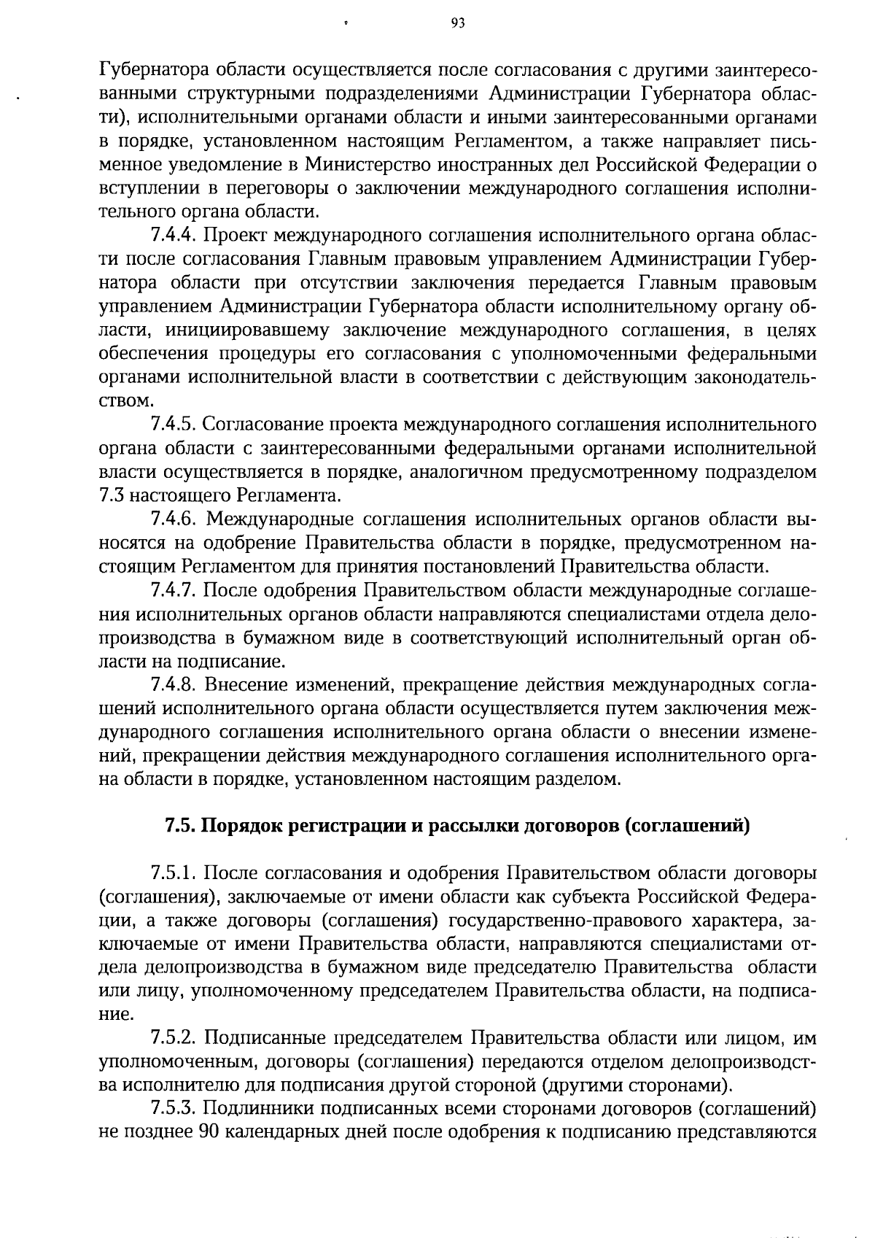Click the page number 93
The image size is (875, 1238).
point(458,23)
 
